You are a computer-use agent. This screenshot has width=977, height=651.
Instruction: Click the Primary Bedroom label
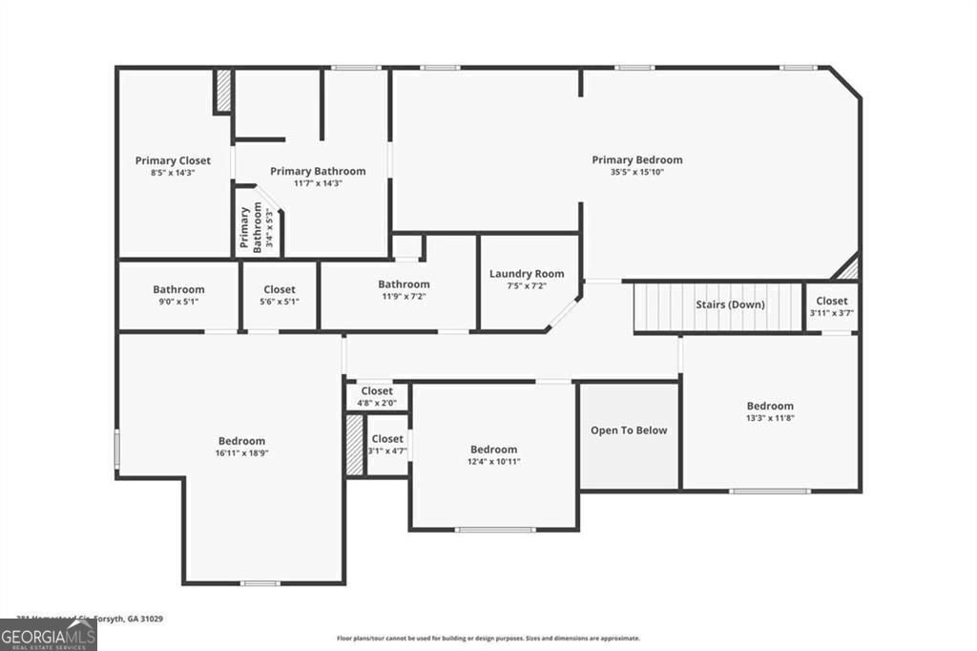pyautogui.click(x=636, y=159)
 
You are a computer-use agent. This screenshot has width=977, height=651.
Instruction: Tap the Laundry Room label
pyautogui.click(x=527, y=274)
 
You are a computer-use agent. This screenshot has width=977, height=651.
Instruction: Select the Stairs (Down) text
pyautogui.click(x=729, y=304)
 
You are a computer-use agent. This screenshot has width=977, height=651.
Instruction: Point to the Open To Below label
pyautogui.click(x=629, y=430)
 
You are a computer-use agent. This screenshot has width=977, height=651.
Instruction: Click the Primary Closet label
pyautogui.click(x=173, y=160)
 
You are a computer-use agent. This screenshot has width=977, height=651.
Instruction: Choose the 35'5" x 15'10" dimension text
pyautogui.click(x=636, y=173)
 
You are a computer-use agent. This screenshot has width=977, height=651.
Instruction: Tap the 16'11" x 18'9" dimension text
pyautogui.click(x=241, y=453)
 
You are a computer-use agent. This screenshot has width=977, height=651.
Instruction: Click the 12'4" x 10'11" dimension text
pyautogui.click(x=493, y=462)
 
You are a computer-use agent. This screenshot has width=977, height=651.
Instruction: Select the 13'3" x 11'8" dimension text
pyautogui.click(x=770, y=418)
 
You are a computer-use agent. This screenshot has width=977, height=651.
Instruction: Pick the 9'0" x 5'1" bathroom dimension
pyautogui.click(x=178, y=302)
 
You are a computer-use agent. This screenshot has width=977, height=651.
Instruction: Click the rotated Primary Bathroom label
pyautogui.click(x=249, y=228)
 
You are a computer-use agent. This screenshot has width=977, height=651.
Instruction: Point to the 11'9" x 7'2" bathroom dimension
pyautogui.click(x=404, y=296)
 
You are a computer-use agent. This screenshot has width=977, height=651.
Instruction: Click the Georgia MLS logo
pyautogui.click(x=48, y=636)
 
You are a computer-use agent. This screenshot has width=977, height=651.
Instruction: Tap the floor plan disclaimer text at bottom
pyautogui.click(x=488, y=639)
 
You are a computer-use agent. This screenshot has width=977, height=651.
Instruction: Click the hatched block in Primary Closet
pyautogui.click(x=222, y=91)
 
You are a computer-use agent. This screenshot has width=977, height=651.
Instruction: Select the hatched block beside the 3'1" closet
pyautogui.click(x=355, y=444)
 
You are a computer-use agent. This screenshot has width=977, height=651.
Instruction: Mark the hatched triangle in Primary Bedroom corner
pyautogui.click(x=849, y=268)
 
